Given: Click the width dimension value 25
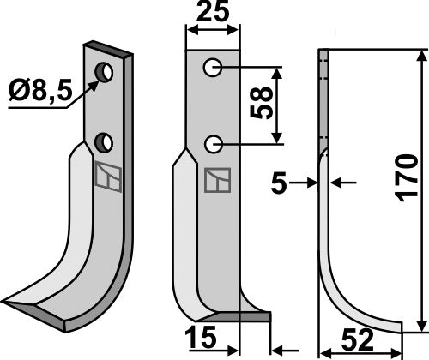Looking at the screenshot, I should (213, 15).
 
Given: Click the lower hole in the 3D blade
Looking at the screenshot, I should (105, 141).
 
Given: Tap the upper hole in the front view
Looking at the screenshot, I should (212, 67).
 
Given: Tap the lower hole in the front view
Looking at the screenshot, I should (212, 142).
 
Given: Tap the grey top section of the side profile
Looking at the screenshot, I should (323, 94).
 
